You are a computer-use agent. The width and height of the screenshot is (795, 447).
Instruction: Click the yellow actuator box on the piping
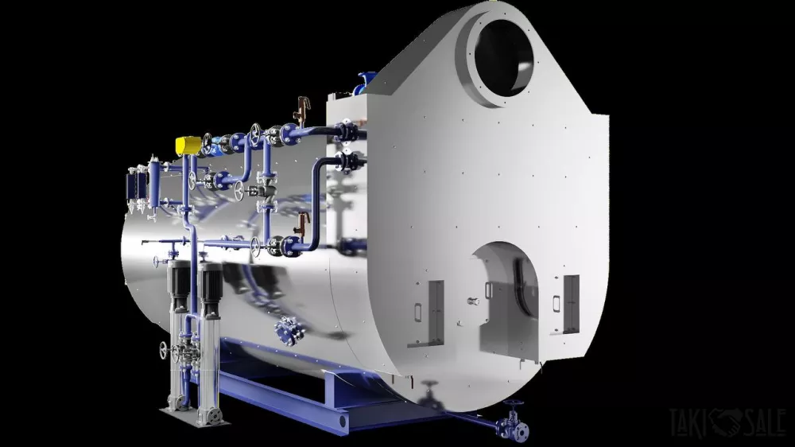pyautogui.click(x=188, y=145)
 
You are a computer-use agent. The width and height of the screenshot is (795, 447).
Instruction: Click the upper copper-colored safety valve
pyautogui.click(x=302, y=108)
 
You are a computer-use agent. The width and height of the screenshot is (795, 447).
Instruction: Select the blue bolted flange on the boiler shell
pyautogui.click(x=289, y=330)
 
